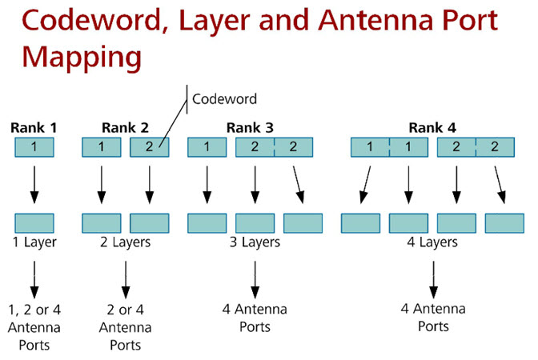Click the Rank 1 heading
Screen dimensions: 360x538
pyautogui.click(x=34, y=127)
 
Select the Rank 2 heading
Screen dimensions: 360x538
pyautogui.click(x=125, y=127)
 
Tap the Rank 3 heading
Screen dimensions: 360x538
pyautogui.click(x=250, y=127)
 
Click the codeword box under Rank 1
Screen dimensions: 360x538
pyautogui.click(x=34, y=147)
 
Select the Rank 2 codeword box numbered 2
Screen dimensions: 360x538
pyautogui.click(x=150, y=147)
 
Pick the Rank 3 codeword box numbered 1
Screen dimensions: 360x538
pyautogui.click(x=207, y=147)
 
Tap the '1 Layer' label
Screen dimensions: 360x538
pyautogui.click(x=34, y=242)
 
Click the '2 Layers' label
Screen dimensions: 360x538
pyautogui.click(x=125, y=242)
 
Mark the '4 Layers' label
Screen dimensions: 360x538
pyautogui.click(x=432, y=242)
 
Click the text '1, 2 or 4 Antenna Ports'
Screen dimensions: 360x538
pyautogui.click(x=34, y=327)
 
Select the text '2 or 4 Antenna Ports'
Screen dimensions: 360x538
pyautogui.click(x=125, y=327)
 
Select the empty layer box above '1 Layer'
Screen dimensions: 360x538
pyautogui.click(x=34, y=222)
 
